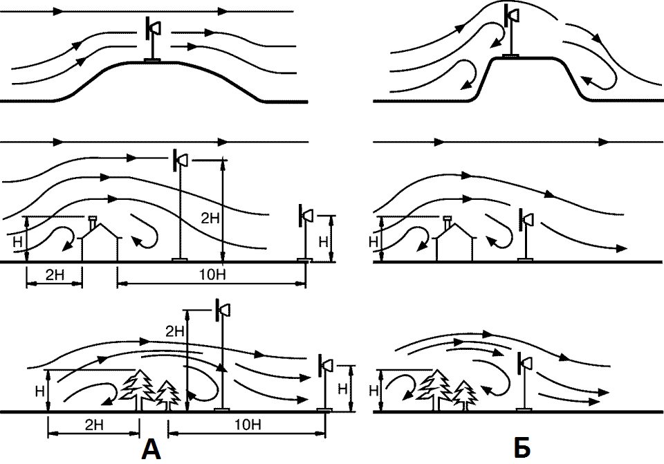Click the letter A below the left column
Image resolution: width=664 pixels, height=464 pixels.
[151, 449]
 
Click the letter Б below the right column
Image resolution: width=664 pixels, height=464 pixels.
[522, 448]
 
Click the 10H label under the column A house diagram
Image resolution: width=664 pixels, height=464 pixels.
[212, 275]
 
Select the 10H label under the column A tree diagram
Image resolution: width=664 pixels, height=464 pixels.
[248, 425]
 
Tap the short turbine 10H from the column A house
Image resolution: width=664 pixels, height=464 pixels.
[305, 233]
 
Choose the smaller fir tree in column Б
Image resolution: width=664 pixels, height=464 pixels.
[465, 396]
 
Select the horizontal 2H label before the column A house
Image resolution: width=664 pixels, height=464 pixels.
[55, 275]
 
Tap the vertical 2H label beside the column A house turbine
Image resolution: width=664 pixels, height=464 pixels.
[210, 219]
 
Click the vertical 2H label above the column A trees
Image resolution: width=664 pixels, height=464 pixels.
[175, 331]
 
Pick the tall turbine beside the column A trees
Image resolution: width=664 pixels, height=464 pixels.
[222, 355]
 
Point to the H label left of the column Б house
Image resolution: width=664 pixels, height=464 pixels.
[373, 242]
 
